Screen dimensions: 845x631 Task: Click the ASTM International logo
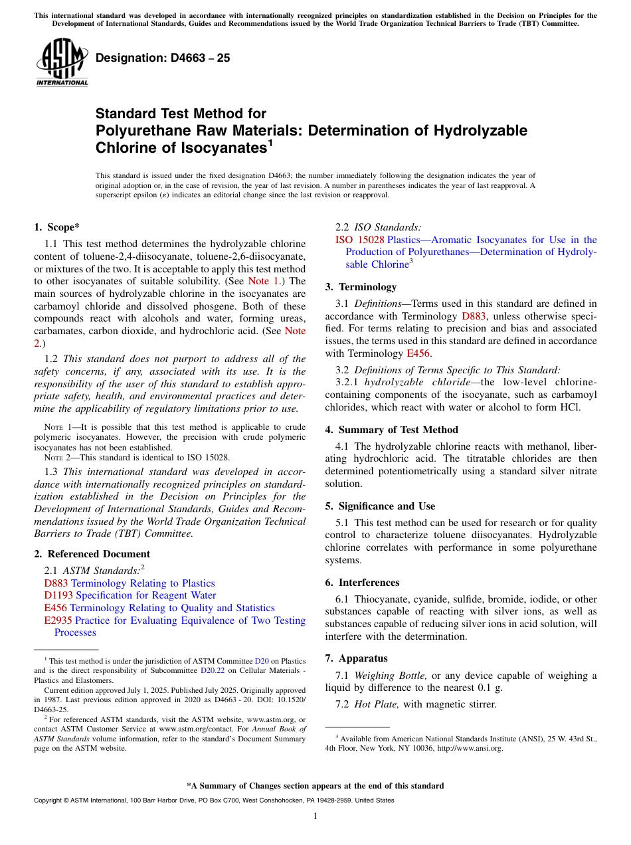tap(62, 64)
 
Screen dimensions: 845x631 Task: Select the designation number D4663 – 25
tap(163, 58)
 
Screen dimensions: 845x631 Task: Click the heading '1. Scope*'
tap(57, 227)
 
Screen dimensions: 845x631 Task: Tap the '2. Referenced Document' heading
tap(92, 553)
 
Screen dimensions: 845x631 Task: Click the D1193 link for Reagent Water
tap(58, 595)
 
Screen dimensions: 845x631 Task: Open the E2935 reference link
tap(58, 620)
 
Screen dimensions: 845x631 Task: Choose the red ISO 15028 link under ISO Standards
tap(360, 240)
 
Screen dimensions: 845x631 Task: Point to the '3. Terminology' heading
tap(361, 287)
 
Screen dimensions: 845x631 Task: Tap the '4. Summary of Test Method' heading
tap(391, 430)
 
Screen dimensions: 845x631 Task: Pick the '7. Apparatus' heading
tap(356, 658)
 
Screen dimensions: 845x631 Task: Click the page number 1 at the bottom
tap(315, 816)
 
